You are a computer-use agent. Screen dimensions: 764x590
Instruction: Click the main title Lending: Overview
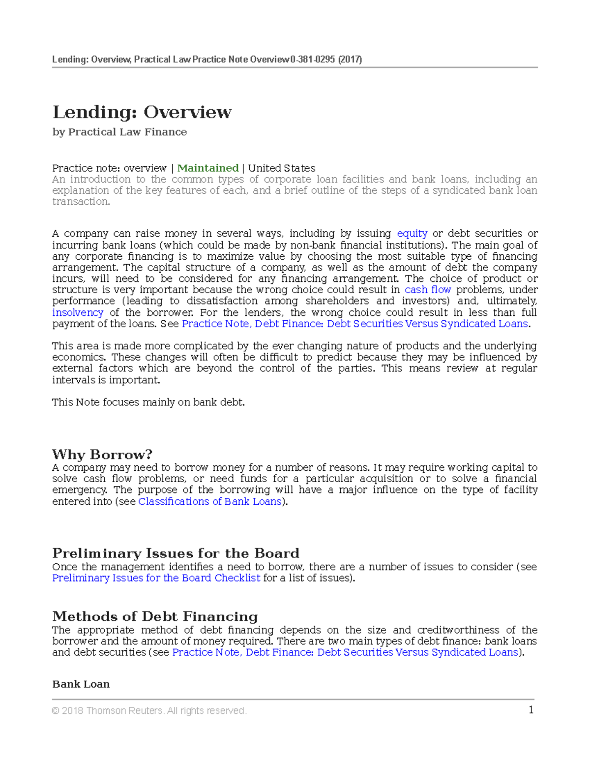click(x=142, y=112)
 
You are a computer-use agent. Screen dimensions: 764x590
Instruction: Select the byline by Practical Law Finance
click(x=119, y=132)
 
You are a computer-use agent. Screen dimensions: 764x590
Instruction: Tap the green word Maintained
click(x=207, y=168)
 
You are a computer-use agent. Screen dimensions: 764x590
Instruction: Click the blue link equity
click(x=412, y=234)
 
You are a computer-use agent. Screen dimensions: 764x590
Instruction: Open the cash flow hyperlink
click(x=427, y=290)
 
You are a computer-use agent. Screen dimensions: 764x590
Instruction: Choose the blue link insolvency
click(x=78, y=313)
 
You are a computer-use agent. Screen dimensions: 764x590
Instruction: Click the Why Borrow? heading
click(x=102, y=454)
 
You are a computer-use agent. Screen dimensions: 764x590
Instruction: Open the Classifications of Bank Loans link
click(x=210, y=502)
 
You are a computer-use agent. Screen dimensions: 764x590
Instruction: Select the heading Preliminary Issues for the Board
click(x=176, y=553)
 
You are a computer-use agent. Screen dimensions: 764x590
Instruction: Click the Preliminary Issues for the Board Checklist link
click(x=156, y=578)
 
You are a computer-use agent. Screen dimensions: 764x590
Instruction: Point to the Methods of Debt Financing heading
click(x=155, y=616)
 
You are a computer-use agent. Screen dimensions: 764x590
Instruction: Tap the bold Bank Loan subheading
click(x=81, y=684)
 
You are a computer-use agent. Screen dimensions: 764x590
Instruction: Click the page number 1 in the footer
click(x=531, y=710)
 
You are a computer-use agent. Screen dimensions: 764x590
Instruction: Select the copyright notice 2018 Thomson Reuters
click(x=149, y=711)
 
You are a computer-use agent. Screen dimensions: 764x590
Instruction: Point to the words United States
click(x=281, y=168)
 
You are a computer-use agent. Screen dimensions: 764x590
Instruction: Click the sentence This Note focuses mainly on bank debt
click(x=148, y=402)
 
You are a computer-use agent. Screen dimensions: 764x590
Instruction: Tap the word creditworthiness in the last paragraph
click(x=458, y=630)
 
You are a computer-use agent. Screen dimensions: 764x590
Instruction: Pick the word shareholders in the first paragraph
click(x=336, y=301)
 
